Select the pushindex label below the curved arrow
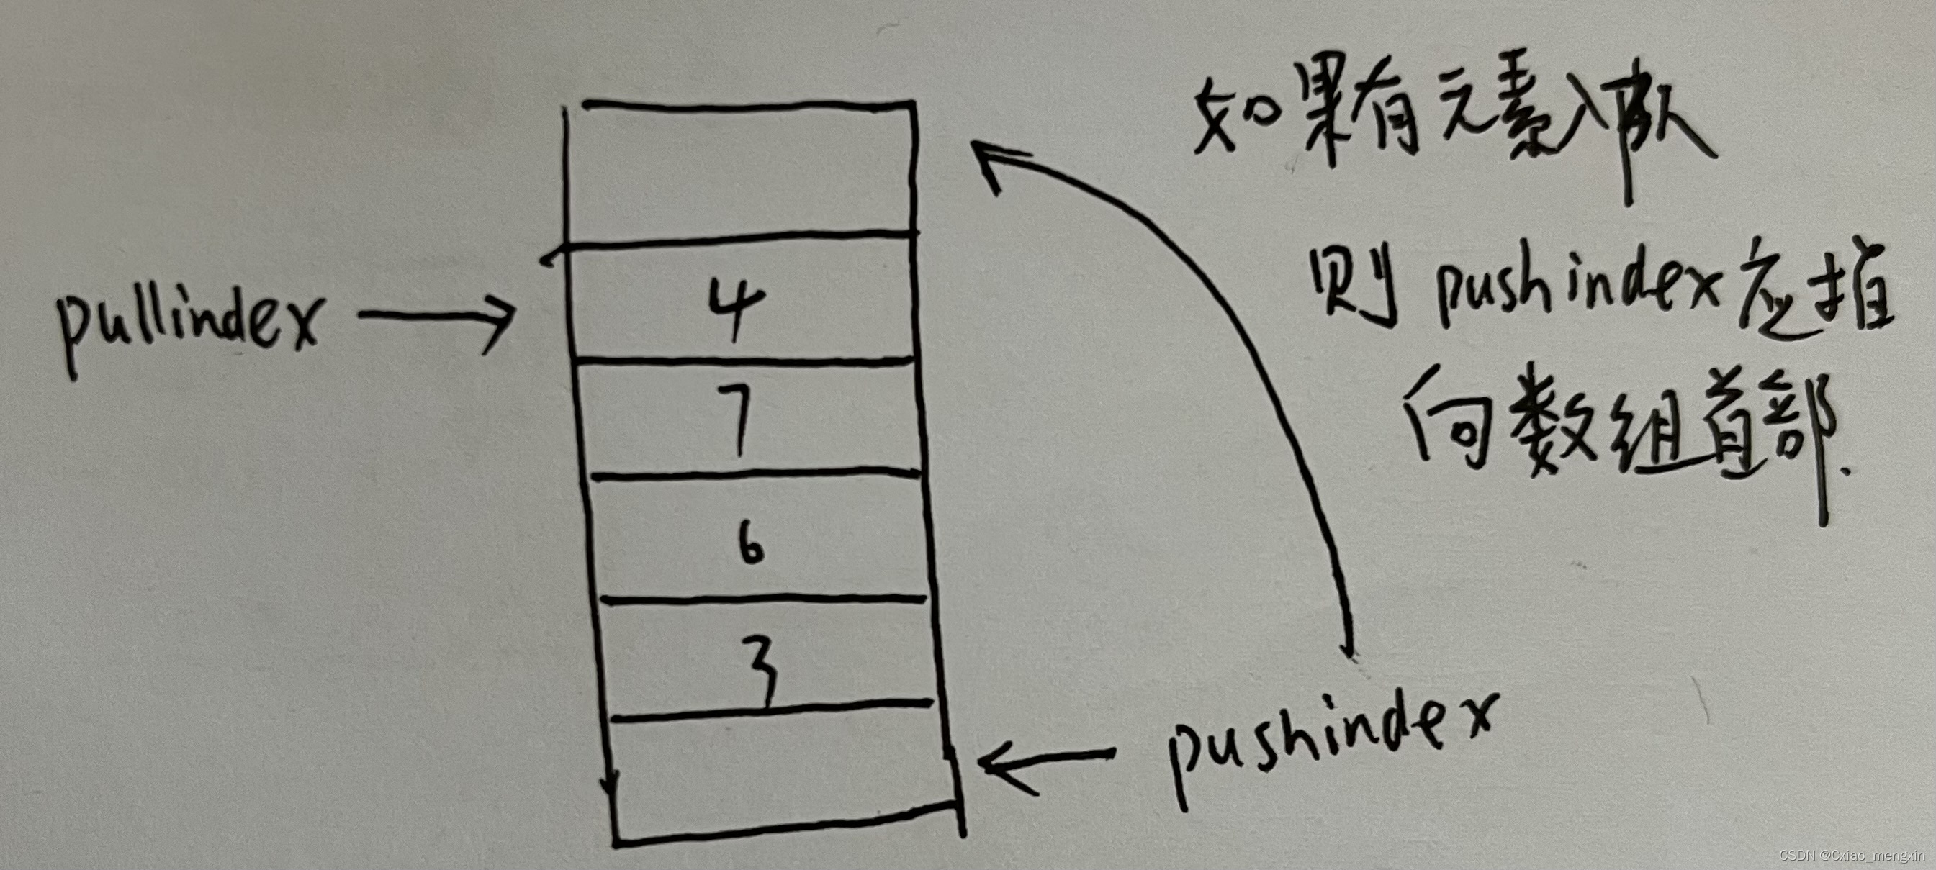[1331, 740]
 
